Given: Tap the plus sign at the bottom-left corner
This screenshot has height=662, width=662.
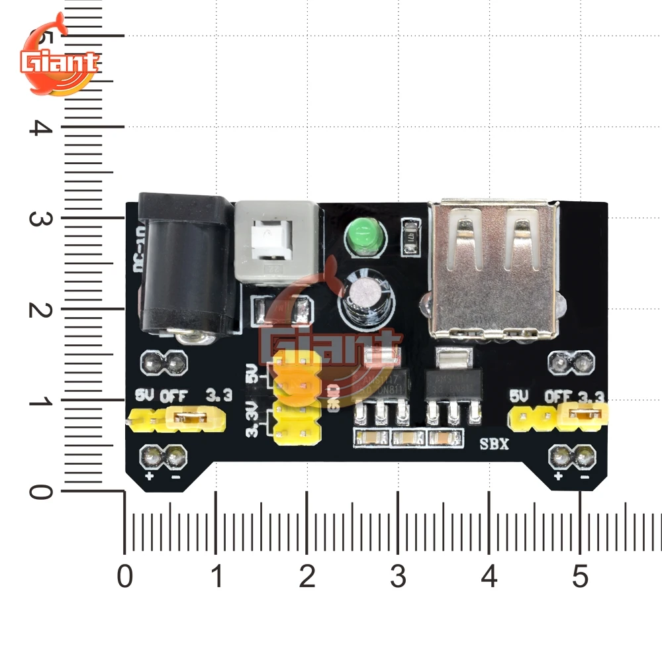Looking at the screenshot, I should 150,476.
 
